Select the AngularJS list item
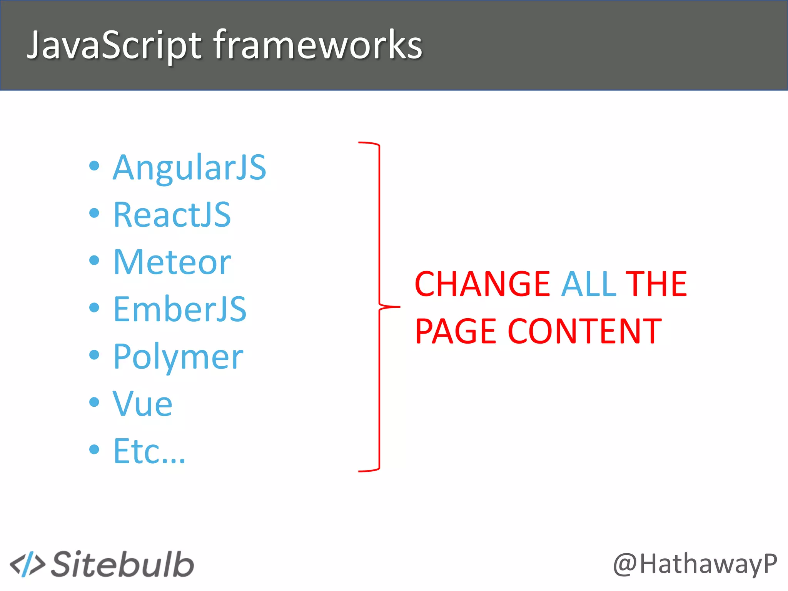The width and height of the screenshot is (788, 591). [x=189, y=167]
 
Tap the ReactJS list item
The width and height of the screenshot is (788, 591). [x=172, y=215]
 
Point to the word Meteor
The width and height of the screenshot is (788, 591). [x=172, y=262]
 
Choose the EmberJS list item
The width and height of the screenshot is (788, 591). [x=180, y=309]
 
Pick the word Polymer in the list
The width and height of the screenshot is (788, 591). [x=178, y=357]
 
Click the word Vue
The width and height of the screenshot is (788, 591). [x=142, y=404]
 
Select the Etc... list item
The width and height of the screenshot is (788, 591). [x=149, y=451]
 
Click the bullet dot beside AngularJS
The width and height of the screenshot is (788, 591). [x=94, y=166]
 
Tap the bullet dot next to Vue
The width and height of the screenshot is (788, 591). [x=94, y=402]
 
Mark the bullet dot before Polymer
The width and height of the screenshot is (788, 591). [x=94, y=355]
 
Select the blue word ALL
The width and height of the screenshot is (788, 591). [x=589, y=284]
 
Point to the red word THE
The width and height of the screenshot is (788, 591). [x=656, y=284]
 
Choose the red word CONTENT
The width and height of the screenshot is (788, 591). [x=584, y=331]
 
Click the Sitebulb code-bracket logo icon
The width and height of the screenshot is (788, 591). [x=27, y=564]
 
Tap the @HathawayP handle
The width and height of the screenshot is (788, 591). [x=695, y=564]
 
